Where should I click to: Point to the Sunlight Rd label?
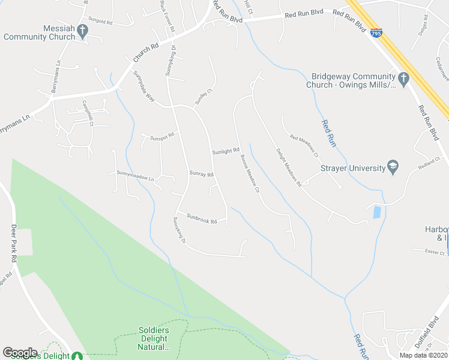point(226,151)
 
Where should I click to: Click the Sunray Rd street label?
point(202,174)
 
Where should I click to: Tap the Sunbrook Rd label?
point(201,218)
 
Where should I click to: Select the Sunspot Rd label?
point(162,135)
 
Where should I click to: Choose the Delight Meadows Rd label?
point(288,168)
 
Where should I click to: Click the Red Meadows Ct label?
point(304,146)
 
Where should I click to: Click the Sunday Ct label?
point(204,98)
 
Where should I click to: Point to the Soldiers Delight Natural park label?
point(154,338)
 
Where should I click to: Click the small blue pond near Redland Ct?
point(376,212)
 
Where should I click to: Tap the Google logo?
point(20,353)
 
